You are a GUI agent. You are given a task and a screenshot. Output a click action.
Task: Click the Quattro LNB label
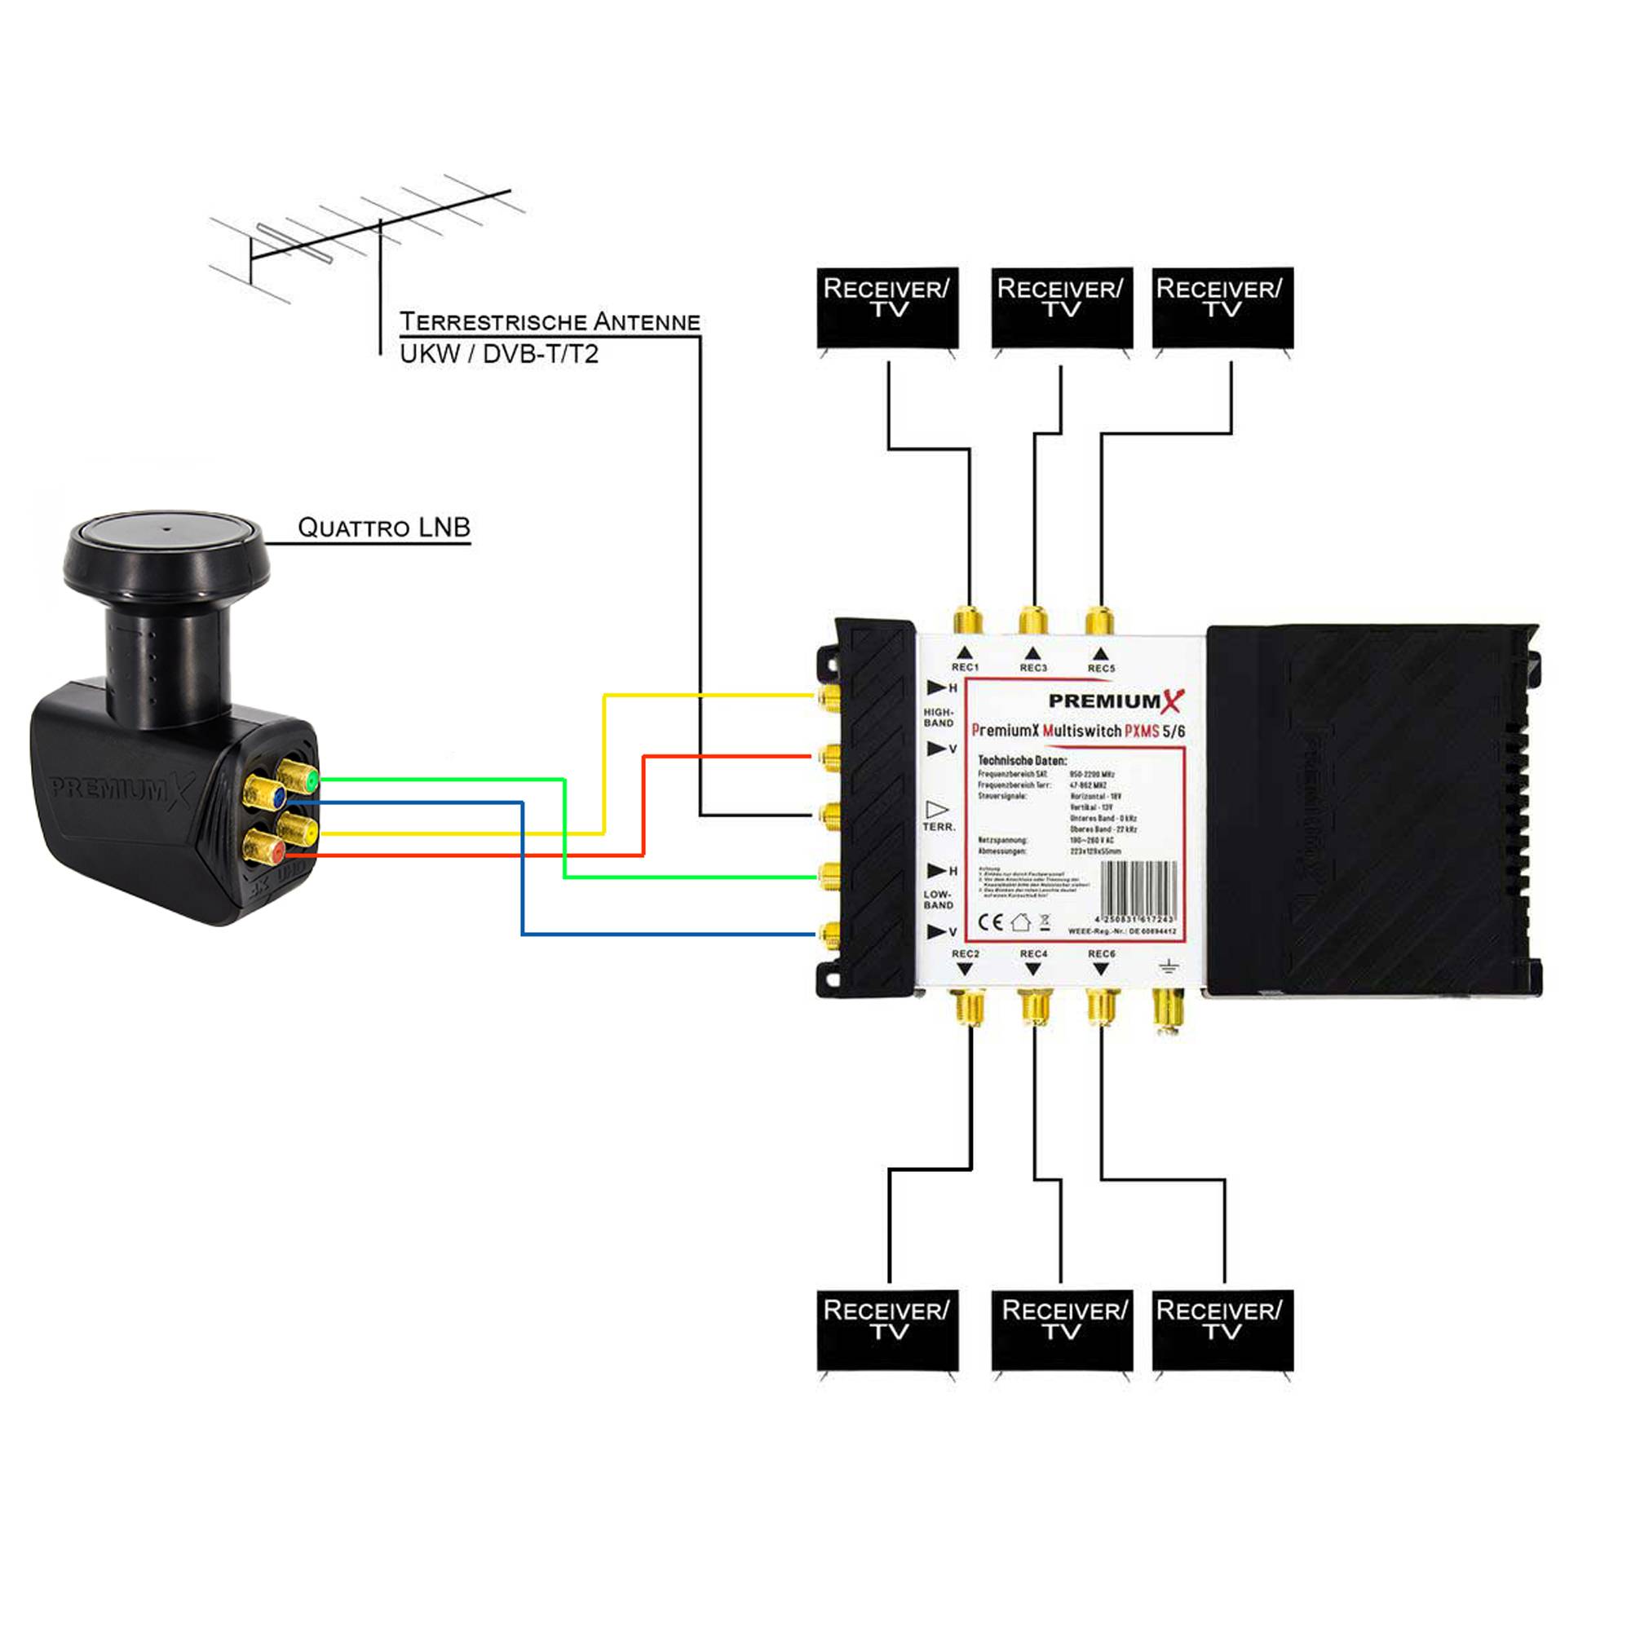(383, 528)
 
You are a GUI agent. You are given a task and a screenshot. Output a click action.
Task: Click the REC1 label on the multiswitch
(965, 667)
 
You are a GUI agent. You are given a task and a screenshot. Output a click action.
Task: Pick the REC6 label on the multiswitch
(1101, 953)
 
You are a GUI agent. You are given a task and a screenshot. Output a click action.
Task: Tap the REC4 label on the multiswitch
(1033, 953)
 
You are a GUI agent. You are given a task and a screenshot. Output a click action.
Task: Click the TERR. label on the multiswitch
(939, 826)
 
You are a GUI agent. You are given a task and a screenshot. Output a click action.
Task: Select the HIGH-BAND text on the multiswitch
(938, 718)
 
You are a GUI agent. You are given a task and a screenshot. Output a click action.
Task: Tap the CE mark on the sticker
(990, 922)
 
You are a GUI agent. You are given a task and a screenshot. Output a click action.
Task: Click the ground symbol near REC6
(1169, 966)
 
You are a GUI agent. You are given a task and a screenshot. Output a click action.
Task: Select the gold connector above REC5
(1099, 621)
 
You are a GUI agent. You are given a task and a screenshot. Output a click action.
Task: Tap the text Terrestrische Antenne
(550, 321)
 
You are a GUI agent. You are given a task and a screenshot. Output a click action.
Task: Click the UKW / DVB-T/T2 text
(499, 354)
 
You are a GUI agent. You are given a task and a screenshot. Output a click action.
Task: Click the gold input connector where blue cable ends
(829, 933)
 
